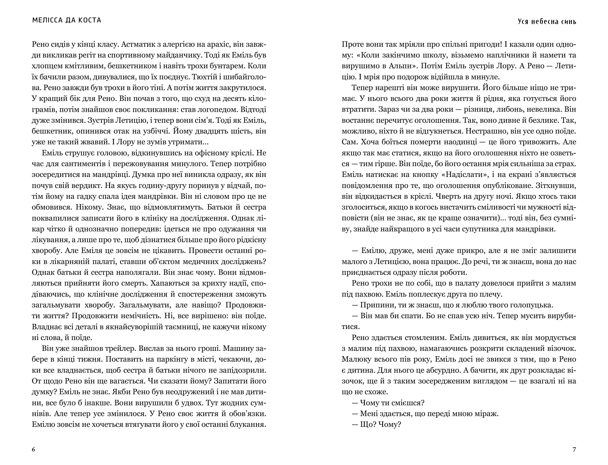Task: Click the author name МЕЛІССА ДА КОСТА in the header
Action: point(67,20)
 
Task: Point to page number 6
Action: point(33,450)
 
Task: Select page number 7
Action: point(574,450)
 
